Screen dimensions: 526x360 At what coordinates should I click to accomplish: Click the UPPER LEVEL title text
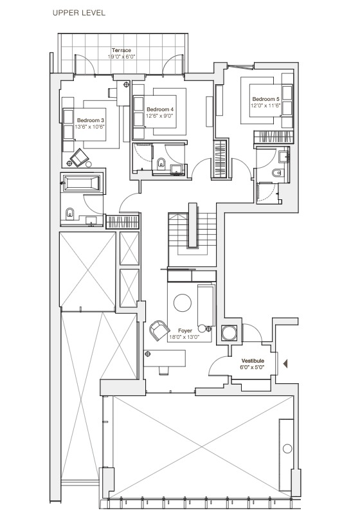click(80, 12)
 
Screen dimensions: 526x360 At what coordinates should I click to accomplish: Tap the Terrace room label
click(121, 50)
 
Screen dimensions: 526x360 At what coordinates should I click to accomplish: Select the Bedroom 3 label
click(90, 120)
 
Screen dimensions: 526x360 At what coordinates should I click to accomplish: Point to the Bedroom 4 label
click(160, 109)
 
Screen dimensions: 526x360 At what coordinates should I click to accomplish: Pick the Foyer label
click(185, 331)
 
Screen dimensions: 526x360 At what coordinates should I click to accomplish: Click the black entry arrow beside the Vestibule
click(286, 363)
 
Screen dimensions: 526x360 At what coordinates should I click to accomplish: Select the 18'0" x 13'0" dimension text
click(185, 337)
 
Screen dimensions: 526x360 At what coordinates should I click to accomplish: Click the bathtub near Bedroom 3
click(81, 183)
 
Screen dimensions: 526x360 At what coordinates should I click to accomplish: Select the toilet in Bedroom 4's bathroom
click(161, 162)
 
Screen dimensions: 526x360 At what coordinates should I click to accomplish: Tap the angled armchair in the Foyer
click(157, 331)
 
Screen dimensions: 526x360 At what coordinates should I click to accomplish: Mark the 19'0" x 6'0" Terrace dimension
click(121, 57)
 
